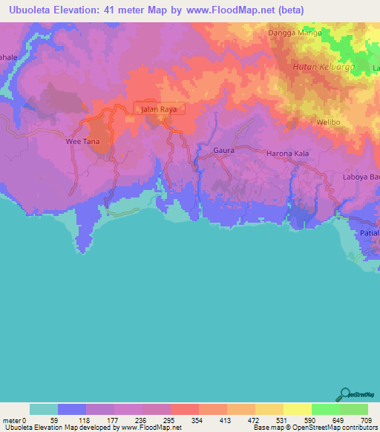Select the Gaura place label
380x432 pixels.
[223, 150]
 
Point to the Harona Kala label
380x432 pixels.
[287, 153]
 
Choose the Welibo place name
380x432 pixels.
[327, 122]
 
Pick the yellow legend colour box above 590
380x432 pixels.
[297, 409]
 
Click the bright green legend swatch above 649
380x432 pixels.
[325, 409]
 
